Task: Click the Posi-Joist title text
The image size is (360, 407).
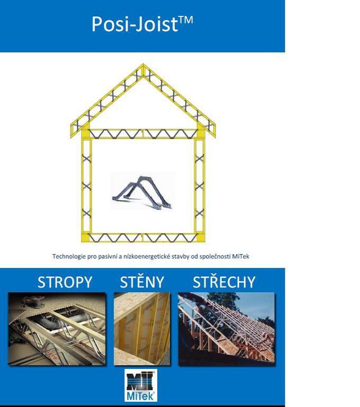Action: point(142,24)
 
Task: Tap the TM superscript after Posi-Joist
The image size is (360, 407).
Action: point(186,20)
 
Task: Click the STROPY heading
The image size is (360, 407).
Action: point(65,282)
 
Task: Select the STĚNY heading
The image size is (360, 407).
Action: point(142,281)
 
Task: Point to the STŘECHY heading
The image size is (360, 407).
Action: point(224,281)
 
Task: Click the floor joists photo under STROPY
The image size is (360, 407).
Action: point(57,329)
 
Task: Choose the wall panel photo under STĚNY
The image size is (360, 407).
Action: point(142,329)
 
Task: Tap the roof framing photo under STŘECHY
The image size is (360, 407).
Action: point(226,329)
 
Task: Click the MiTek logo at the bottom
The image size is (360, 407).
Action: point(141,385)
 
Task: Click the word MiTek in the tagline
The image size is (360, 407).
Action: point(241,256)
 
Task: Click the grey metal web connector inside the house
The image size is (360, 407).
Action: point(142,192)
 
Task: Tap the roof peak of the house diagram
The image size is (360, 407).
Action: point(143,64)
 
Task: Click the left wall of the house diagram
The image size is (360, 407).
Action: point(87,186)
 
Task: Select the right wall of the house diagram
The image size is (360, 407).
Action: point(200,186)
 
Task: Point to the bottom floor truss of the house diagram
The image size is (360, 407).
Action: point(143,237)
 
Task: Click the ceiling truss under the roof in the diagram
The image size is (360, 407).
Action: point(143,134)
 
